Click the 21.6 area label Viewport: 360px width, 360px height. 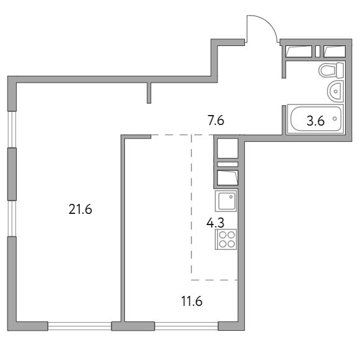pos(80,210)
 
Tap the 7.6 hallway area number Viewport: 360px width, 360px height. pos(216,121)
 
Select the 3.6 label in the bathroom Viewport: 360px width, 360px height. pos(315,121)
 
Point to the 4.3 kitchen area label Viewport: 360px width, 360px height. pos(215,223)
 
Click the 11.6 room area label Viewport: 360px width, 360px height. pos(192,301)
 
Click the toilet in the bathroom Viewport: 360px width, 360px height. pos(331,70)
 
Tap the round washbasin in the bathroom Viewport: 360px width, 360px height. pos(335,91)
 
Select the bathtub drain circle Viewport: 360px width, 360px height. pos(335,119)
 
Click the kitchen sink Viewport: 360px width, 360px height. pos(226,201)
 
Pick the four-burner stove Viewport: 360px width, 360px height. pos(226,239)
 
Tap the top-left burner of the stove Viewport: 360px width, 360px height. pos(222,235)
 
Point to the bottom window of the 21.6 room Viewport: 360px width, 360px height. pos(80,326)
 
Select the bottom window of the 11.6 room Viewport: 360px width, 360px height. pos(186,326)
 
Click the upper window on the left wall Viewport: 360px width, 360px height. pos(12,129)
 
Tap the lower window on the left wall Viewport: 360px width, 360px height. pos(12,219)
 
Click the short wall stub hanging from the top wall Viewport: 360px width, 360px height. pos(149,93)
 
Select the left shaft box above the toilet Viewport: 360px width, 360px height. pos(298,52)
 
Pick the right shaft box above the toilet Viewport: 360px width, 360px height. pos(335,52)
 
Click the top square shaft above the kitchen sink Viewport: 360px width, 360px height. pos(228,149)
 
